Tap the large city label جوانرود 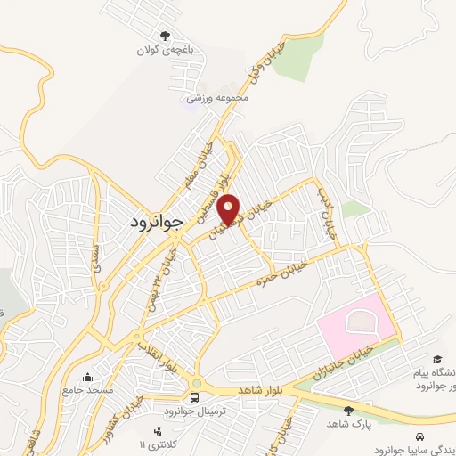coord(150,220)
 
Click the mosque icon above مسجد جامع coord(87,376)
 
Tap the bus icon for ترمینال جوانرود coord(195,397)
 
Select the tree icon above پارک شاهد coord(348,410)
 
